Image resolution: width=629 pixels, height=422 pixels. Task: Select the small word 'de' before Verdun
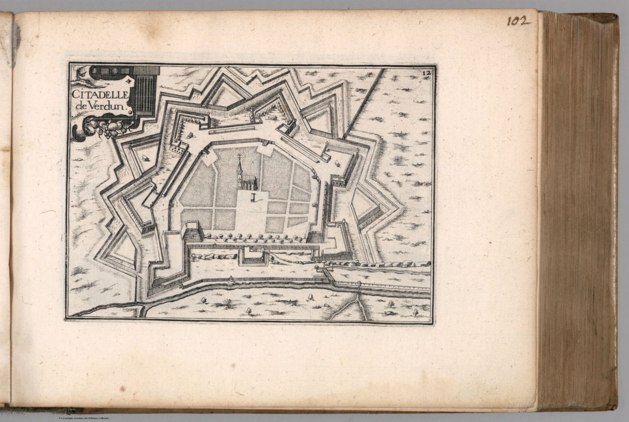(81, 107)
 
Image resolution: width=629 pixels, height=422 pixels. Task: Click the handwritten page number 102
(518, 21)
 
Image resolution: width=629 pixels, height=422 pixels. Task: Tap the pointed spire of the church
(240, 160)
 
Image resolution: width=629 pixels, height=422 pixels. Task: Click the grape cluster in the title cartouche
(108, 130)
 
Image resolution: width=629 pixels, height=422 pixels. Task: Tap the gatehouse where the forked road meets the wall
(359, 284)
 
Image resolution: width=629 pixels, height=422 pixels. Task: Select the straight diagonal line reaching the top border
(364, 103)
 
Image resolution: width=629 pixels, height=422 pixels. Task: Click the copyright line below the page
(84, 418)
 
